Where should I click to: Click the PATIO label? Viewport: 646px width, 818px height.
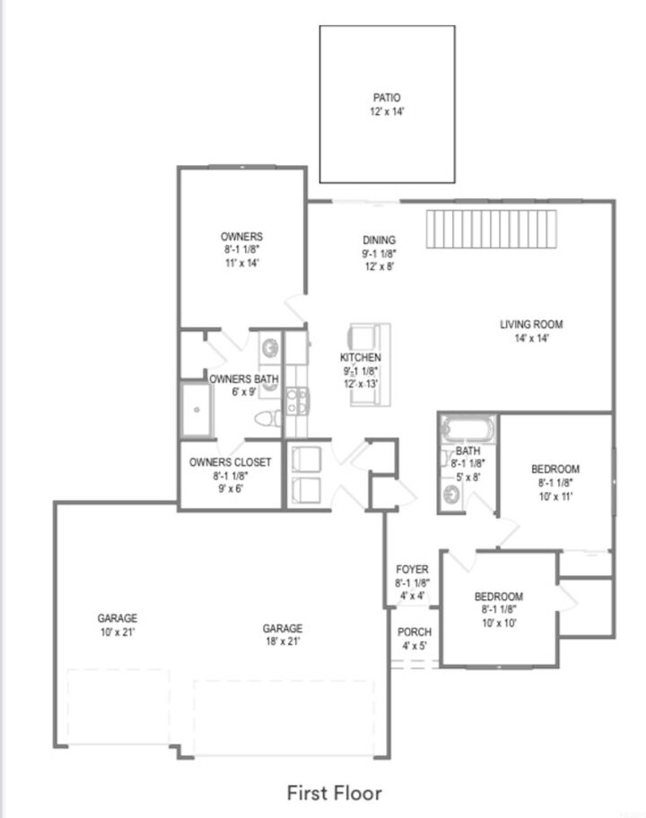point(387,98)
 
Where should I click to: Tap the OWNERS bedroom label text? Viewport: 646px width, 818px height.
point(241,237)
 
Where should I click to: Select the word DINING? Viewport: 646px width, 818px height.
point(379,240)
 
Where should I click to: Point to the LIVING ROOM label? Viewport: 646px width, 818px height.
point(531,325)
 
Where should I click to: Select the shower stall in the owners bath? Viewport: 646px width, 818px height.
point(194,409)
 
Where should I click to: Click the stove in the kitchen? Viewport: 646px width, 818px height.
point(297,398)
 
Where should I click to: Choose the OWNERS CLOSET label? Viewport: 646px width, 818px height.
point(230,463)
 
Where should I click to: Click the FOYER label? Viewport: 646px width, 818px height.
point(412,570)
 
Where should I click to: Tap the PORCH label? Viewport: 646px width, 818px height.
point(413,632)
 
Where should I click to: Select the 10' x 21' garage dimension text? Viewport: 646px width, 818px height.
point(118,631)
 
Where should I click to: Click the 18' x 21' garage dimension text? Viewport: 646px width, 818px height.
point(283,641)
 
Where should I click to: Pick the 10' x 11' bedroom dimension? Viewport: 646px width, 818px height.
point(554,496)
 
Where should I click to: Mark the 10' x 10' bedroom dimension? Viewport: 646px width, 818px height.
point(498,622)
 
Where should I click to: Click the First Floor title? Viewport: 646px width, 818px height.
point(334,793)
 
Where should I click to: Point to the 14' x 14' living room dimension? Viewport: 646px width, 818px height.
point(531,338)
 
